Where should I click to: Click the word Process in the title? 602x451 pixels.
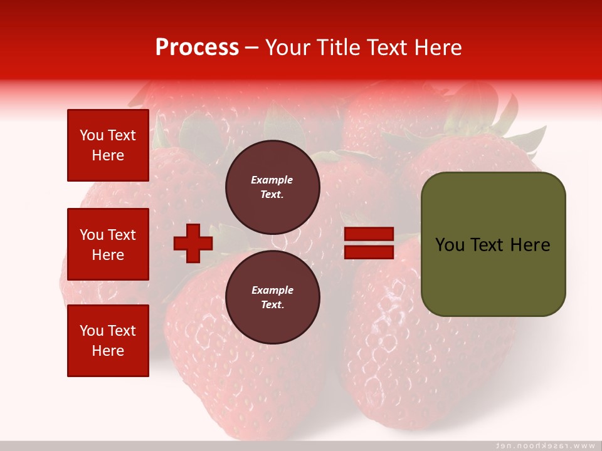(197, 48)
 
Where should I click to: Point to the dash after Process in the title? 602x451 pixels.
(252, 48)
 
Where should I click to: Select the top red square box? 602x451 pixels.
(108, 145)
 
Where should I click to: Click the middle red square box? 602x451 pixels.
(108, 244)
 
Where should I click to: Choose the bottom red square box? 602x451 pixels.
(108, 341)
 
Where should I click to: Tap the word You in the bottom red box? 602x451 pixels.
(92, 331)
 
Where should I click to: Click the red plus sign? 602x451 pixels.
(193, 243)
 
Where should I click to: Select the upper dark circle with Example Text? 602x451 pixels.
(272, 187)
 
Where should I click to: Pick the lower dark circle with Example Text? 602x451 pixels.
(272, 298)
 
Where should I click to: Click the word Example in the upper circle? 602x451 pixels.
(272, 180)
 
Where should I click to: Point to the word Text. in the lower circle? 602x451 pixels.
(272, 305)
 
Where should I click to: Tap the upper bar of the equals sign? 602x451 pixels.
(369, 234)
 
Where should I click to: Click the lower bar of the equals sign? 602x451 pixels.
(369, 252)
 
